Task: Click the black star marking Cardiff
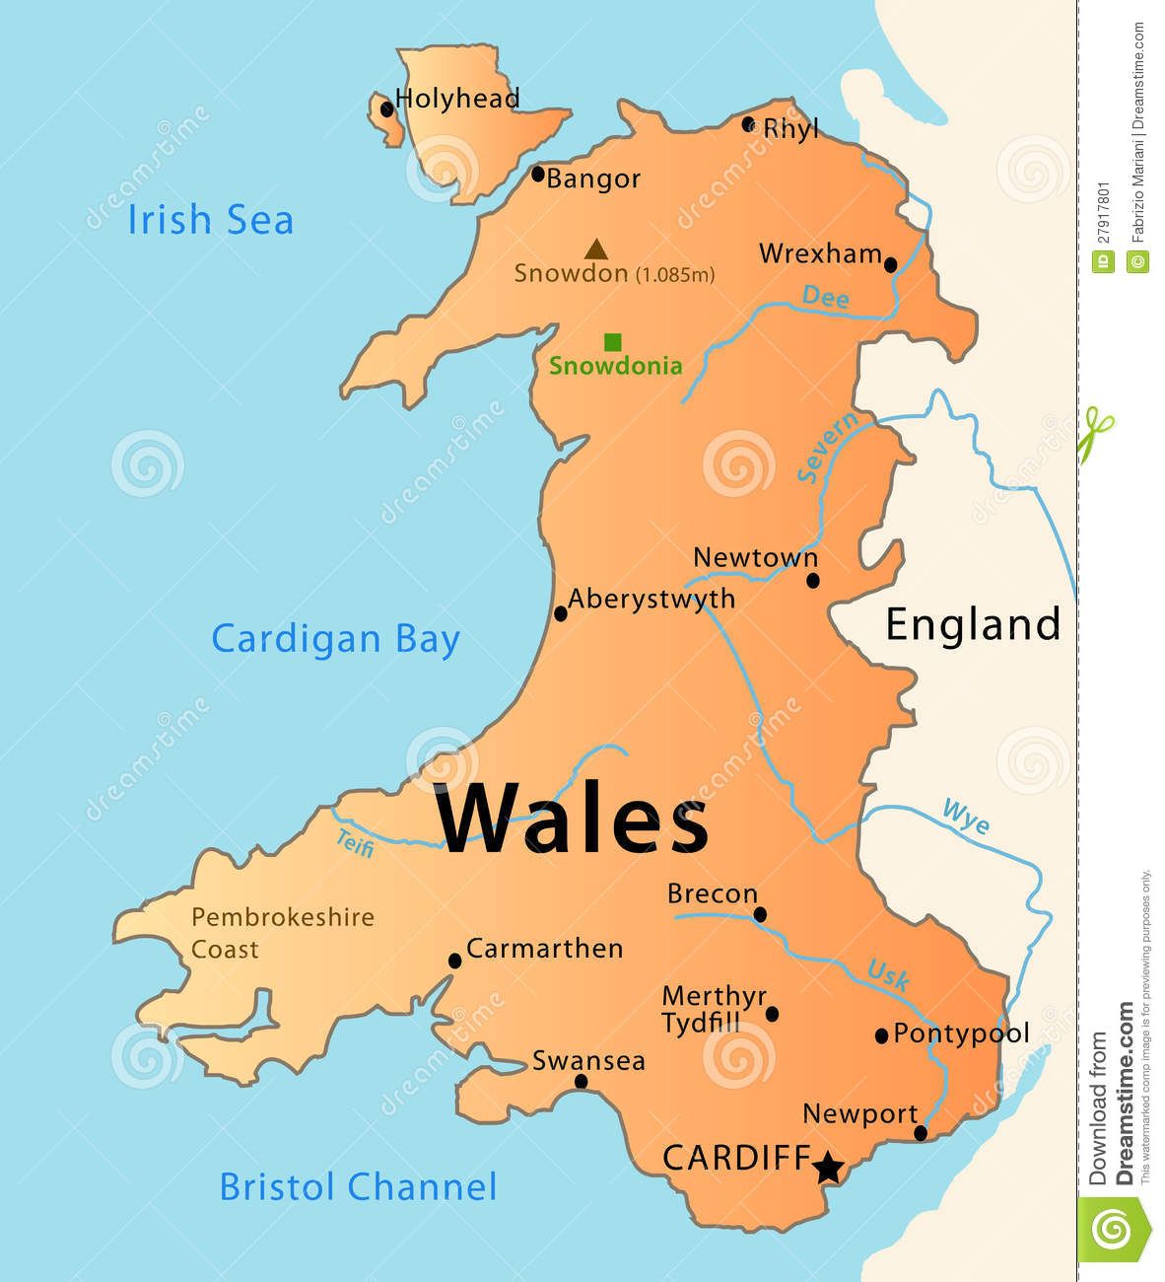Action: click(828, 1168)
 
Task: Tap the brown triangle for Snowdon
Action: click(594, 249)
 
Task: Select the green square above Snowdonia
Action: click(612, 342)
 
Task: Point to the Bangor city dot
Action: click(537, 174)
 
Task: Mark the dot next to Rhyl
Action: click(748, 124)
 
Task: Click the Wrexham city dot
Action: click(890, 264)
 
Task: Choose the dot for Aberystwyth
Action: click(561, 613)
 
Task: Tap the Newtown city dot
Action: click(812, 580)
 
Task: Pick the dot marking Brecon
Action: click(760, 914)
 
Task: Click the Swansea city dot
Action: click(581, 1082)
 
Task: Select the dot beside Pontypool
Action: click(882, 1035)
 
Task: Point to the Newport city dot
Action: click(921, 1133)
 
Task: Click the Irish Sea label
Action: click(211, 219)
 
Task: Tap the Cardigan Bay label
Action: click(336, 639)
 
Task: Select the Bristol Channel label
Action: click(358, 1186)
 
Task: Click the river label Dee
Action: click(825, 297)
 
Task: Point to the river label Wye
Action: click(966, 818)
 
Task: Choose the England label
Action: click(973, 624)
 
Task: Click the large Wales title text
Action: click(573, 820)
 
